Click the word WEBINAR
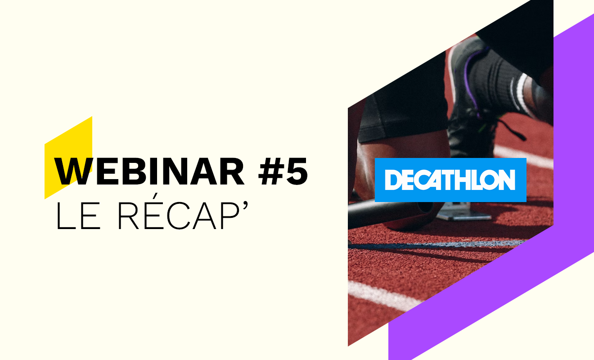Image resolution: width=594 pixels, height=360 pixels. click(149, 171)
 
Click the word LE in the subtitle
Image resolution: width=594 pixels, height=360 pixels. click(78, 216)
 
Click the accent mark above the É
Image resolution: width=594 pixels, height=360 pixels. click(157, 197)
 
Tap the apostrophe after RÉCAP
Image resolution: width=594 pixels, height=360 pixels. click(245, 206)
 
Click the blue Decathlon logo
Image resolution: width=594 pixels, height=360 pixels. click(450, 180)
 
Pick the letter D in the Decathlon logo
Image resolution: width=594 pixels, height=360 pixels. click(393, 180)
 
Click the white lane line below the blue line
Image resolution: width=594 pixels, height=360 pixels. click(384, 296)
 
